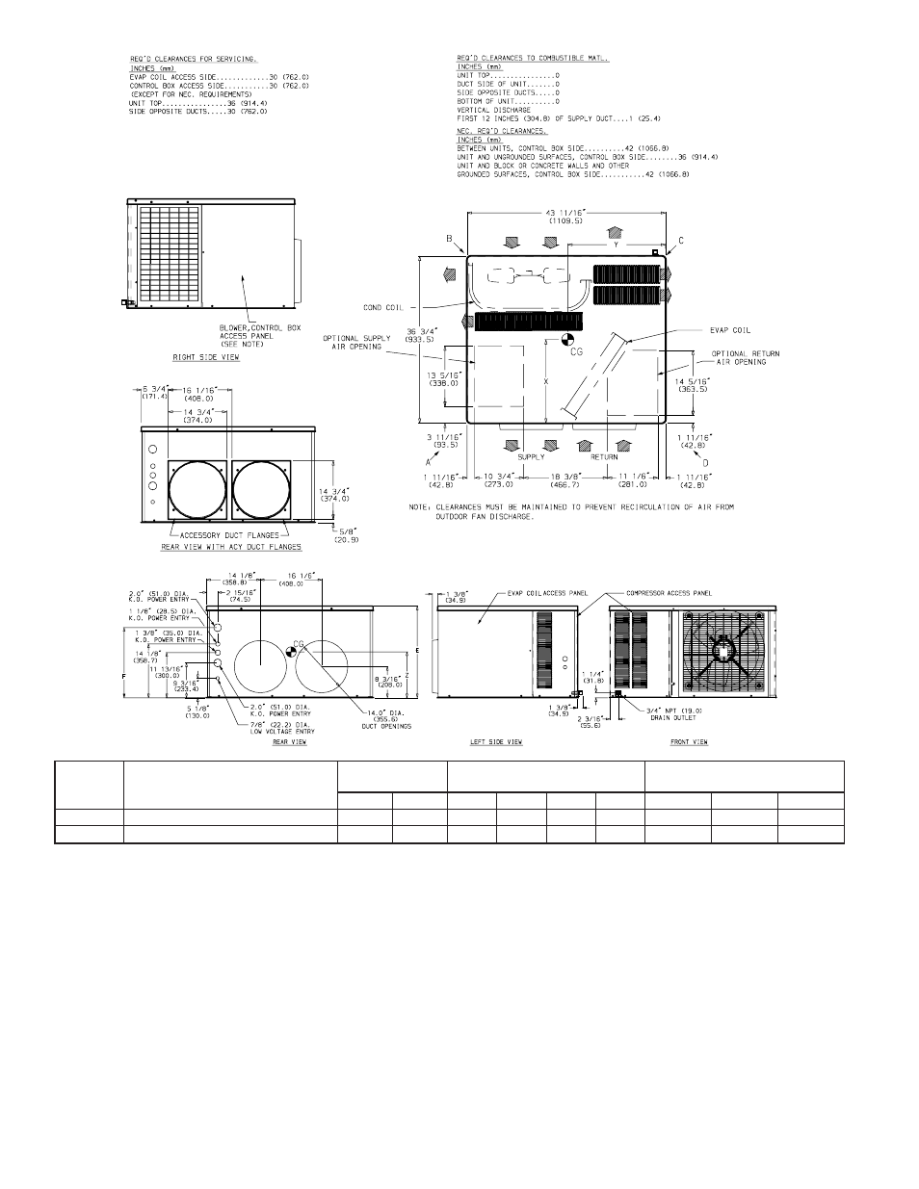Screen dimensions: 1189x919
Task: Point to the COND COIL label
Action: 383,308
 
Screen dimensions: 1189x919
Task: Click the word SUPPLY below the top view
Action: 532,456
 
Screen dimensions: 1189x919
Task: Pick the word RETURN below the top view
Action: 604,456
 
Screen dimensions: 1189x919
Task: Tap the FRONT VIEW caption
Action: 690,742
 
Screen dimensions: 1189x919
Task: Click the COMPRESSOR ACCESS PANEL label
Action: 669,594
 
